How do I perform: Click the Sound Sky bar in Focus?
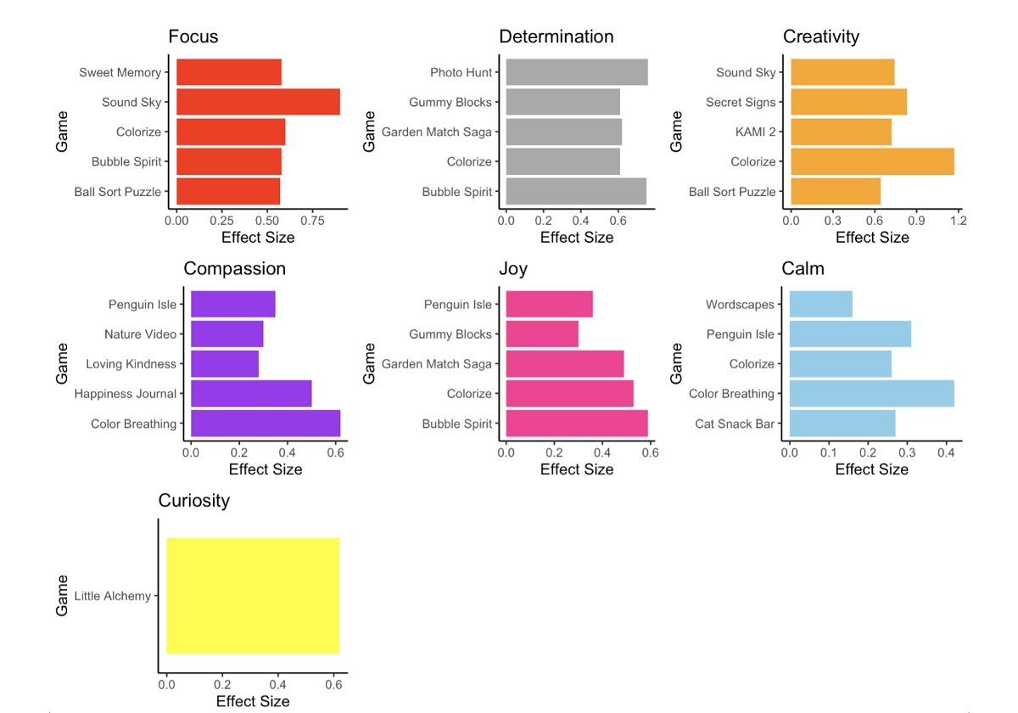click(x=258, y=102)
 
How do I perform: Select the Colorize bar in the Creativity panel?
click(x=872, y=161)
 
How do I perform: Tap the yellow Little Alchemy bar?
click(x=253, y=596)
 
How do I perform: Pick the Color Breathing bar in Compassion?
click(x=266, y=424)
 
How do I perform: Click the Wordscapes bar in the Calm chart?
click(x=820, y=304)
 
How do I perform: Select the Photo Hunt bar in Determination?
click(x=577, y=72)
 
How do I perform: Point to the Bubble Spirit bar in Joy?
click(x=577, y=424)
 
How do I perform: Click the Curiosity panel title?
click(x=193, y=501)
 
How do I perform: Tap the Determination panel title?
click(x=556, y=36)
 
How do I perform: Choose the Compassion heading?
click(x=234, y=269)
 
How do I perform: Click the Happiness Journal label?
click(x=126, y=394)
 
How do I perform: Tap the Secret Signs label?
click(x=741, y=103)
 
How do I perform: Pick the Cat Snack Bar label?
click(x=735, y=424)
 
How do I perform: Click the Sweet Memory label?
click(x=120, y=73)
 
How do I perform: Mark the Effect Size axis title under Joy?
click(x=577, y=469)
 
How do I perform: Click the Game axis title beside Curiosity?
click(x=62, y=595)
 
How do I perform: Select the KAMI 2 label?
click(x=755, y=132)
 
